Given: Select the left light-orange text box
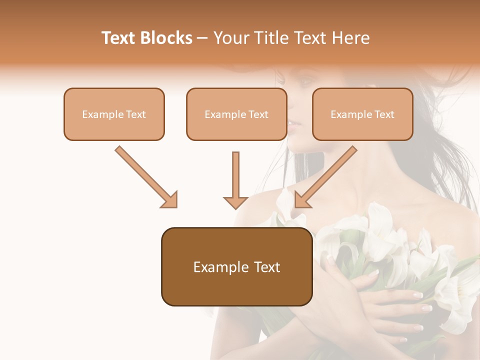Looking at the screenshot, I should coord(114,114).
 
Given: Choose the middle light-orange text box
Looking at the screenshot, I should coord(236,114).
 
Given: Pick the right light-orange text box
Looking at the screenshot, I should coord(362,114).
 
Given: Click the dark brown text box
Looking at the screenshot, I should coord(236,266).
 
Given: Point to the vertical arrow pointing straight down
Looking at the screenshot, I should coord(235,180).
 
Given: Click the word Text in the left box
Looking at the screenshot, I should coord(136,114).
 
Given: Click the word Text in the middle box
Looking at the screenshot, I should coord(258,114).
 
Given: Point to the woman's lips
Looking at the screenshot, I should coord(295,123).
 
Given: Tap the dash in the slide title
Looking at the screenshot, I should coord(202,38).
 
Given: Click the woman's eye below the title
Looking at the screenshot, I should coord(305,80).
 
